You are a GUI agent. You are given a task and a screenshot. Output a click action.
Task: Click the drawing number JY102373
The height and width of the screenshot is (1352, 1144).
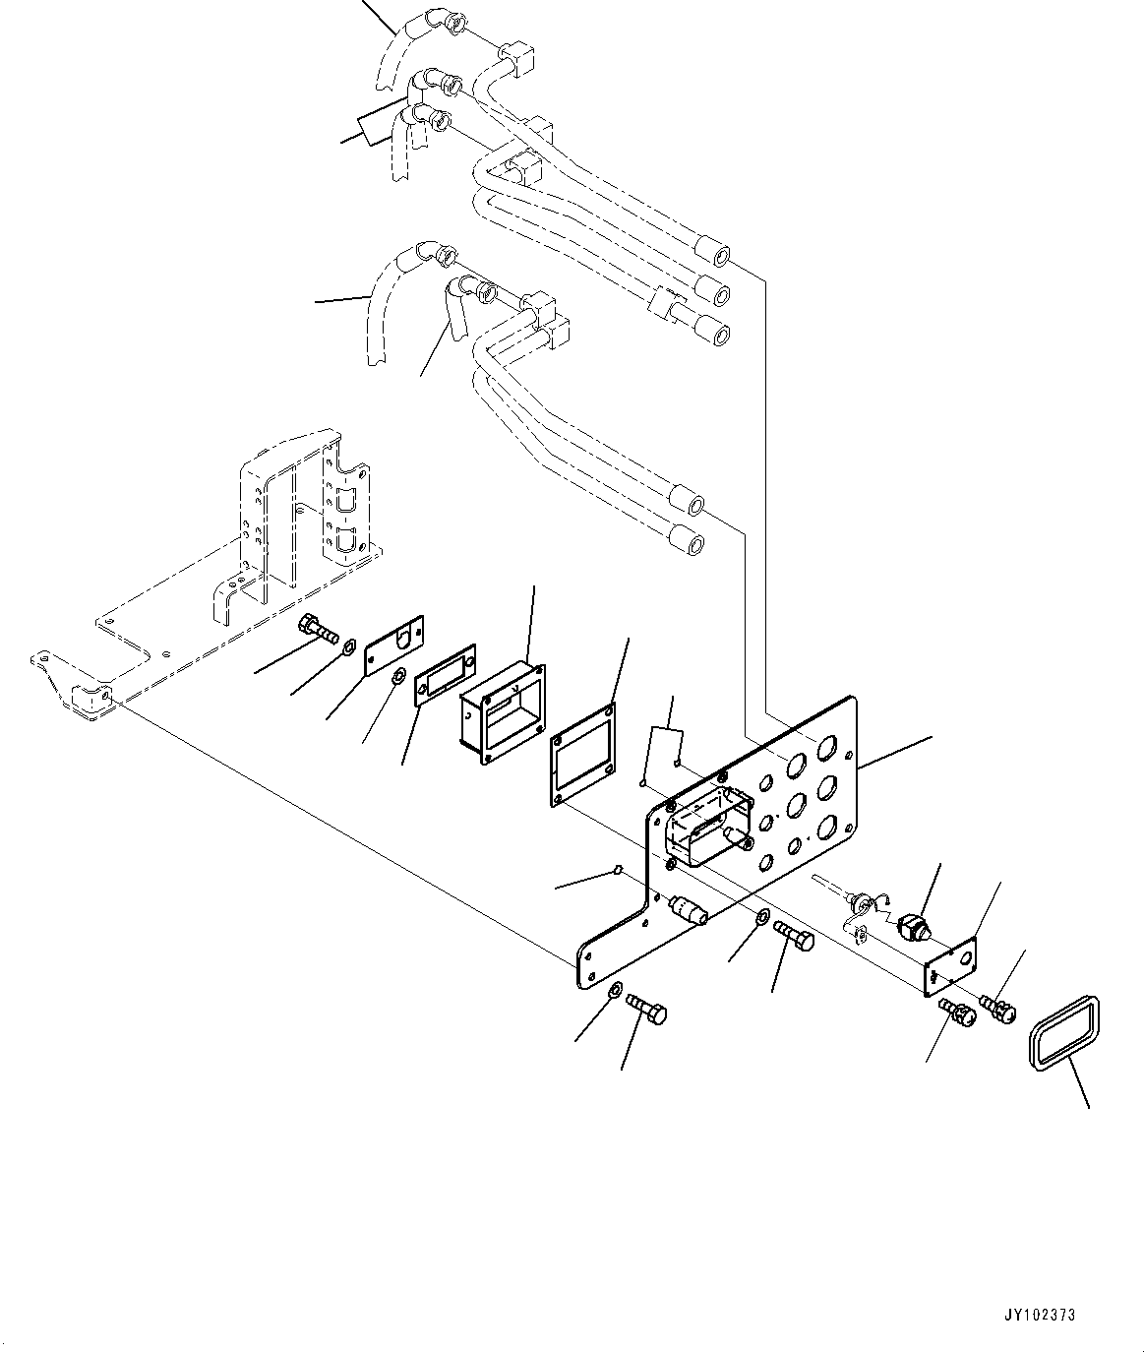tap(1041, 1314)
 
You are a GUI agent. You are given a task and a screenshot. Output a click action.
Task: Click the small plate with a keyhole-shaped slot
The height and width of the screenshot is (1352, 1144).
tap(394, 645)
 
